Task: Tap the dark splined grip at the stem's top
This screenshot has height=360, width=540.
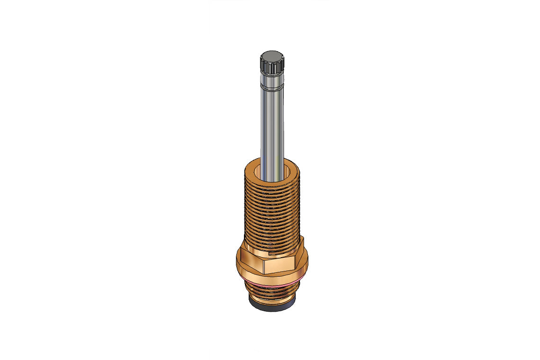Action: [271, 66]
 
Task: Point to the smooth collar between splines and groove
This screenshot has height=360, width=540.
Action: [271, 81]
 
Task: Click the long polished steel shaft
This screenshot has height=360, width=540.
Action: [271, 128]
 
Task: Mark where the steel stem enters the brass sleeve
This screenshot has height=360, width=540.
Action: [272, 179]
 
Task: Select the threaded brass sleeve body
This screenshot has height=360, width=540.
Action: [271, 213]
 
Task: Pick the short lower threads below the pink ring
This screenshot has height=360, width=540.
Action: [271, 297]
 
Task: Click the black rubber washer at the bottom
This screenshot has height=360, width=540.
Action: [271, 308]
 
